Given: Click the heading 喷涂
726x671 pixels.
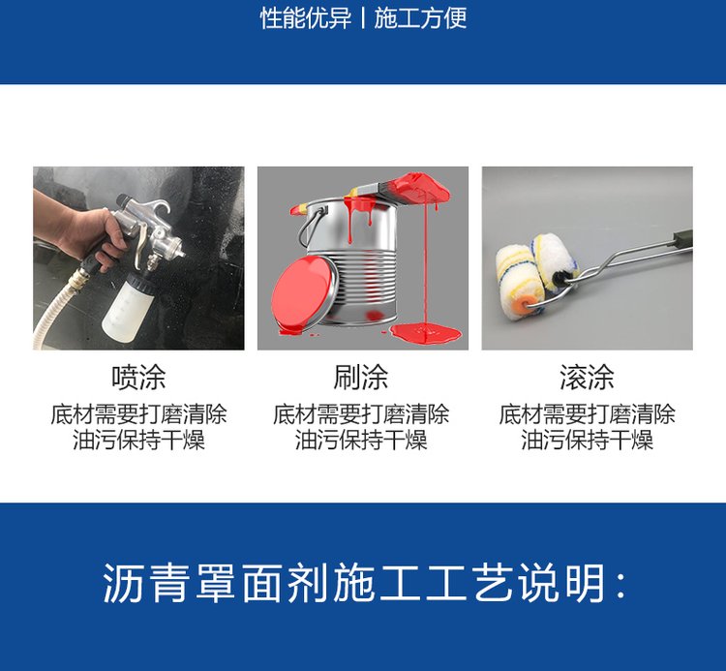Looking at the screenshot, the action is tap(138, 378).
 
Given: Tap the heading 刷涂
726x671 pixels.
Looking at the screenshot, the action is tap(361, 378).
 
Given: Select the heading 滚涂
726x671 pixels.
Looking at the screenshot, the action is tap(587, 378).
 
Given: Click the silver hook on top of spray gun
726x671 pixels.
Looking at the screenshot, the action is tap(159, 208).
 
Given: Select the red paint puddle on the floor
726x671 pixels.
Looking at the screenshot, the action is tap(425, 332).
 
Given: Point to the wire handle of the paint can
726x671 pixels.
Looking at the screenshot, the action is tap(311, 226).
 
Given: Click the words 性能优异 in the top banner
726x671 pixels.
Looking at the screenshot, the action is tap(306, 18).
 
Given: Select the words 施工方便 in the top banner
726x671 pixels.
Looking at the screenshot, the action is tap(420, 18).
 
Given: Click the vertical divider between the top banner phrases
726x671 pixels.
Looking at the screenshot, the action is tap(363, 18).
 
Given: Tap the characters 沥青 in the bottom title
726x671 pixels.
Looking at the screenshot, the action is tap(145, 583).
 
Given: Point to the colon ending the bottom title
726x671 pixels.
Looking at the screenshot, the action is tap(620, 585).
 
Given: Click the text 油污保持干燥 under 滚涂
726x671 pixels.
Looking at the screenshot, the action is tap(588, 440).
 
